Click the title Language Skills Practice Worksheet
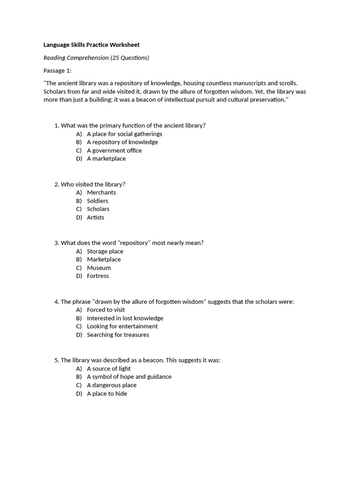(91, 45)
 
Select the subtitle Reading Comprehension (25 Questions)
(96, 58)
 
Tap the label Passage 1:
(57, 71)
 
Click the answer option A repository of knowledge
(122, 142)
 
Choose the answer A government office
(114, 150)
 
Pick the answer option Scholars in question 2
(98, 209)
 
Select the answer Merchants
(101, 193)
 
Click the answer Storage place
(105, 251)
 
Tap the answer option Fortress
(97, 276)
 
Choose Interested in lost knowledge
(125, 318)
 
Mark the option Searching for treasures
(118, 335)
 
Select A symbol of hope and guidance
(129, 377)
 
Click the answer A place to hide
(107, 394)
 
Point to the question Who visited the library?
(93, 184)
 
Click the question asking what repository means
(132, 243)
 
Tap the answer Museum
(99, 268)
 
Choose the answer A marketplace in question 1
(106, 158)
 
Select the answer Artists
(96, 217)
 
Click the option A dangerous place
(112, 385)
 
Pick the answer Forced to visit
(105, 310)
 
